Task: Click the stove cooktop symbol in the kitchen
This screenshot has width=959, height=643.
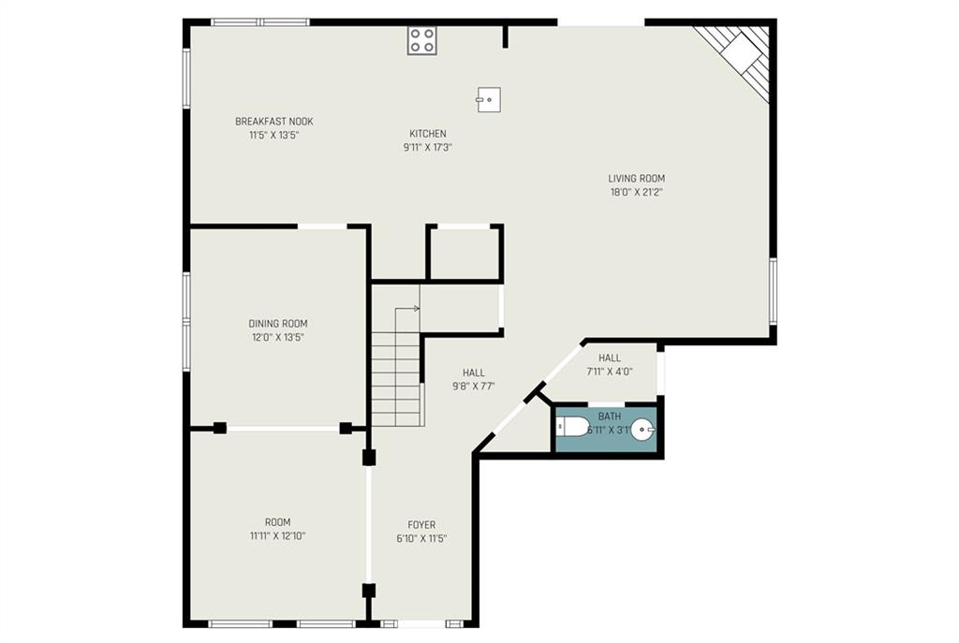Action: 422,41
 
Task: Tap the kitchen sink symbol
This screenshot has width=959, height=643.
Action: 489,99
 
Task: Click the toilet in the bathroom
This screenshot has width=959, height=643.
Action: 573,426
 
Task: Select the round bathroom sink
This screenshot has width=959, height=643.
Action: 642,429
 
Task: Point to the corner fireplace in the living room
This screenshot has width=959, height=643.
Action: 742,56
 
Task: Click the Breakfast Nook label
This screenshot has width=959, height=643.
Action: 274,121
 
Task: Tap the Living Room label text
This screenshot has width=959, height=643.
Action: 636,179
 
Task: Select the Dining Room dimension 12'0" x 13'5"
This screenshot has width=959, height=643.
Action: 277,337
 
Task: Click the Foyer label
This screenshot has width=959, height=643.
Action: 421,524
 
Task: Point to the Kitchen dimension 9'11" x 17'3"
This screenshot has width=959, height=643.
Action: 427,147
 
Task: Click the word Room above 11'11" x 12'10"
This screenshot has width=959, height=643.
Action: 277,522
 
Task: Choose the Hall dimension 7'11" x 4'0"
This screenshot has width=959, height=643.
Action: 609,371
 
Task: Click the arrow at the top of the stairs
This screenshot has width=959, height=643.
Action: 407,309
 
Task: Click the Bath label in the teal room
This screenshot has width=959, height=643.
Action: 609,416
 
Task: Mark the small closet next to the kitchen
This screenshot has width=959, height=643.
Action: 465,253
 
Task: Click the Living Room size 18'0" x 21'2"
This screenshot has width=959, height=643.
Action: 636,192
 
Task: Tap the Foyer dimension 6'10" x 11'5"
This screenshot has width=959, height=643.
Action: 421,538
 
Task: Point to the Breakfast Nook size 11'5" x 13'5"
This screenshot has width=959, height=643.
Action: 274,135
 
